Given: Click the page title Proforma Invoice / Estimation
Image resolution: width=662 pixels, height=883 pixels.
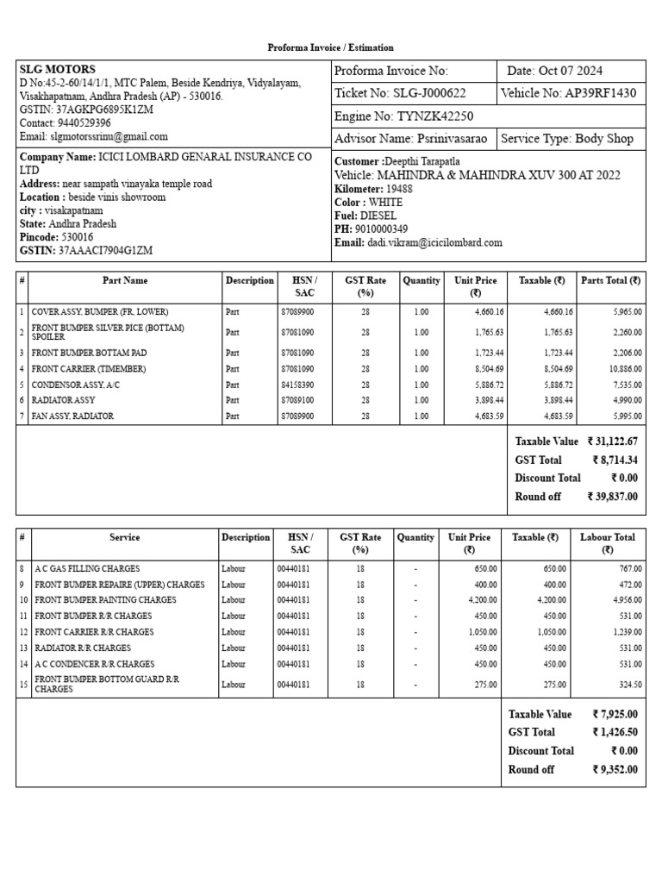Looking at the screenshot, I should click(x=330, y=47).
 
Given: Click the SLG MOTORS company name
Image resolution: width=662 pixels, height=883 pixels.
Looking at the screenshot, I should click(x=58, y=69).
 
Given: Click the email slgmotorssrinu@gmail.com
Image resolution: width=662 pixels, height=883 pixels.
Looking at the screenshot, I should click(x=94, y=136).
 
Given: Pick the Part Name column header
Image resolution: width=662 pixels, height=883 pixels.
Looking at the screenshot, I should click(x=125, y=280).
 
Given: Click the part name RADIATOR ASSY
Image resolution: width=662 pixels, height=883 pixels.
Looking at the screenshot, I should click(x=66, y=400).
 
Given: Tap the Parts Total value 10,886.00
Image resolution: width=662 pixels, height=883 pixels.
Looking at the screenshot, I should click(x=622, y=369).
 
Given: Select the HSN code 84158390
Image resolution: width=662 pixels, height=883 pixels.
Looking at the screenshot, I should click(x=297, y=385).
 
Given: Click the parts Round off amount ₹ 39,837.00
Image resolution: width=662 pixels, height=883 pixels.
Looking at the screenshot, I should click(x=612, y=497).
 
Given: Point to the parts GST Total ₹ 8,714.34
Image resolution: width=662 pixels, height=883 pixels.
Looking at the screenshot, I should click(x=614, y=460).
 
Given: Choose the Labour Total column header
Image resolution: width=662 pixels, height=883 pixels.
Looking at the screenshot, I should click(x=607, y=543).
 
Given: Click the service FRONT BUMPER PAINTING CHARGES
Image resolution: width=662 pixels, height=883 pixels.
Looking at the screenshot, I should click(x=105, y=600).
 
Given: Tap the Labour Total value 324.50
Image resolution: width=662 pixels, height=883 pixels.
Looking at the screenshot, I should click(x=627, y=685).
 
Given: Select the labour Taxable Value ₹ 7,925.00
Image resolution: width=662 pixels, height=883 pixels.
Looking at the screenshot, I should click(x=615, y=714).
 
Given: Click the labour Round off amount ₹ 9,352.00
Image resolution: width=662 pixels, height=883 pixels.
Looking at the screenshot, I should click(x=615, y=769).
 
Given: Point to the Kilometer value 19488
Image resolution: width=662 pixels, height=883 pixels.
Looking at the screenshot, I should click(x=399, y=189).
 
